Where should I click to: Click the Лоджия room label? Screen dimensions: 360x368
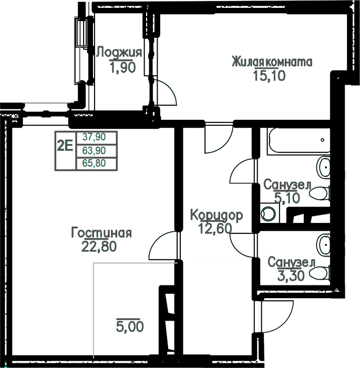pos(119,53)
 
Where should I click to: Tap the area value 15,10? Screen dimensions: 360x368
pos(270,76)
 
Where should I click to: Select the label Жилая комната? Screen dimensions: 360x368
pos(272,62)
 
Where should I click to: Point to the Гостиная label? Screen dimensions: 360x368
pos(101,232)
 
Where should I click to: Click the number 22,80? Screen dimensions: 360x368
pos(99,247)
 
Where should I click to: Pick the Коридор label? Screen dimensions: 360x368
pos(217,215)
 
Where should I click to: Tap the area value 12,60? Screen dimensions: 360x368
pos(215,229)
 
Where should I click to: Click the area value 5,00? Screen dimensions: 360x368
pos(130,326)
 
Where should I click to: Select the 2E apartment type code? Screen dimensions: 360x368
pos(65,146)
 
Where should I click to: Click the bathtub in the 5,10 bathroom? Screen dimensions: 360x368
pos(299,141)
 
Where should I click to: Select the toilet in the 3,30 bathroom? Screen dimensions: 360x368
pos(320,273)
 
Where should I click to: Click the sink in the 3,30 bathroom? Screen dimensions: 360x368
pos(323,246)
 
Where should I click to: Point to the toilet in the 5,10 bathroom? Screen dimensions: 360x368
pos(320,193)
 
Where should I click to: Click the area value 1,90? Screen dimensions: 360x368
pos(123,67)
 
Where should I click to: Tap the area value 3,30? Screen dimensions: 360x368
pos(291,276)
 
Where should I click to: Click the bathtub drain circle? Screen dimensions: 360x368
pos(323,140)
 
